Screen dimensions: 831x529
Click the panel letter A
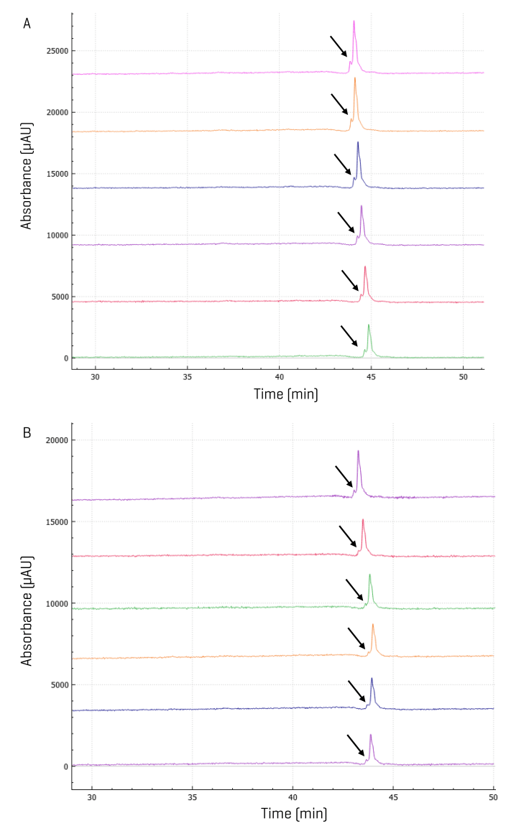click(x=27, y=24)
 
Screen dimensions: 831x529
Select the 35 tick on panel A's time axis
click(x=187, y=376)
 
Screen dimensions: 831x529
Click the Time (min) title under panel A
click(x=285, y=394)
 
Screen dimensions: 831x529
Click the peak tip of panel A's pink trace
click(x=354, y=21)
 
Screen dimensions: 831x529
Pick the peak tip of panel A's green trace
click(x=369, y=325)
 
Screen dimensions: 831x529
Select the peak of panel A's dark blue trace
click(x=358, y=142)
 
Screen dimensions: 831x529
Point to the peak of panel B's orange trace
click(x=373, y=625)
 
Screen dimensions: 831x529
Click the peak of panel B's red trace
click(x=363, y=519)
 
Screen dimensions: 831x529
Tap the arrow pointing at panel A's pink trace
click(x=339, y=46)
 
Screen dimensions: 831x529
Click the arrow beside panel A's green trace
click(x=349, y=335)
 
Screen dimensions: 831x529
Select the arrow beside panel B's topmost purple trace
click(x=344, y=476)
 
